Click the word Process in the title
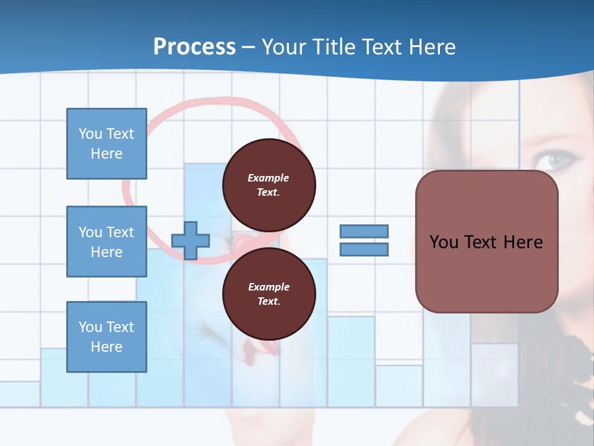pos(194,47)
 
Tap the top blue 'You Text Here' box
pos(106,144)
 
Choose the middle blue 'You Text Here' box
pos(106,242)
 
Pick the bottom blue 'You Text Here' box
pos(106,337)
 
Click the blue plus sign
pos(191,240)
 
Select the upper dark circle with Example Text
pos(269,185)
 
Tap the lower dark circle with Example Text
pos(269,294)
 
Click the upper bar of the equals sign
pos(364,231)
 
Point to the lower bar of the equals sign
pos(364,249)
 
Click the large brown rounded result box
pos(486,242)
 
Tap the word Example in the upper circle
pos(269,178)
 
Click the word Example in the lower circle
pos(269,287)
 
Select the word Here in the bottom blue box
pos(106,347)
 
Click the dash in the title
pos(249,47)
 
